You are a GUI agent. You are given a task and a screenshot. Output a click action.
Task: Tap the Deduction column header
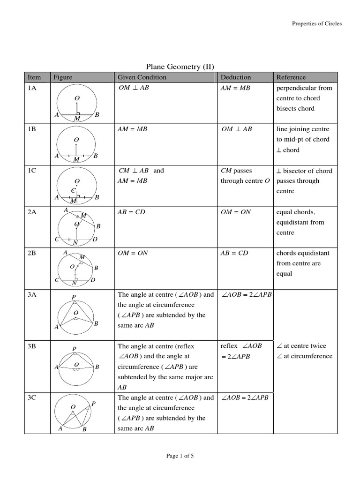pyautogui.click(x=235, y=77)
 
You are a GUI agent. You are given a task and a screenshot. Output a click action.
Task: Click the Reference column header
pyautogui.click(x=291, y=77)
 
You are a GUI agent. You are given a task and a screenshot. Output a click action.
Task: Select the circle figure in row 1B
pyautogui.click(x=76, y=145)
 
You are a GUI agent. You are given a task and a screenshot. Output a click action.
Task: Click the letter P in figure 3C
pyautogui.click(x=94, y=403)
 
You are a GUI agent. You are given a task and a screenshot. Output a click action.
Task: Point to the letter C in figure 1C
pyautogui.click(x=73, y=190)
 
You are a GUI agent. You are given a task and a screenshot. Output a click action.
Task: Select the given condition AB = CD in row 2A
pyautogui.click(x=132, y=212)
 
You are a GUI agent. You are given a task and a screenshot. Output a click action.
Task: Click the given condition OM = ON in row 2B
pyautogui.click(x=133, y=253)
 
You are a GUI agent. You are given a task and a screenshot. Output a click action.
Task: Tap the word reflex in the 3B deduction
pyautogui.click(x=229, y=346)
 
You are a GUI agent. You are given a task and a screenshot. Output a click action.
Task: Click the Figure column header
pyautogui.click(x=63, y=77)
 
